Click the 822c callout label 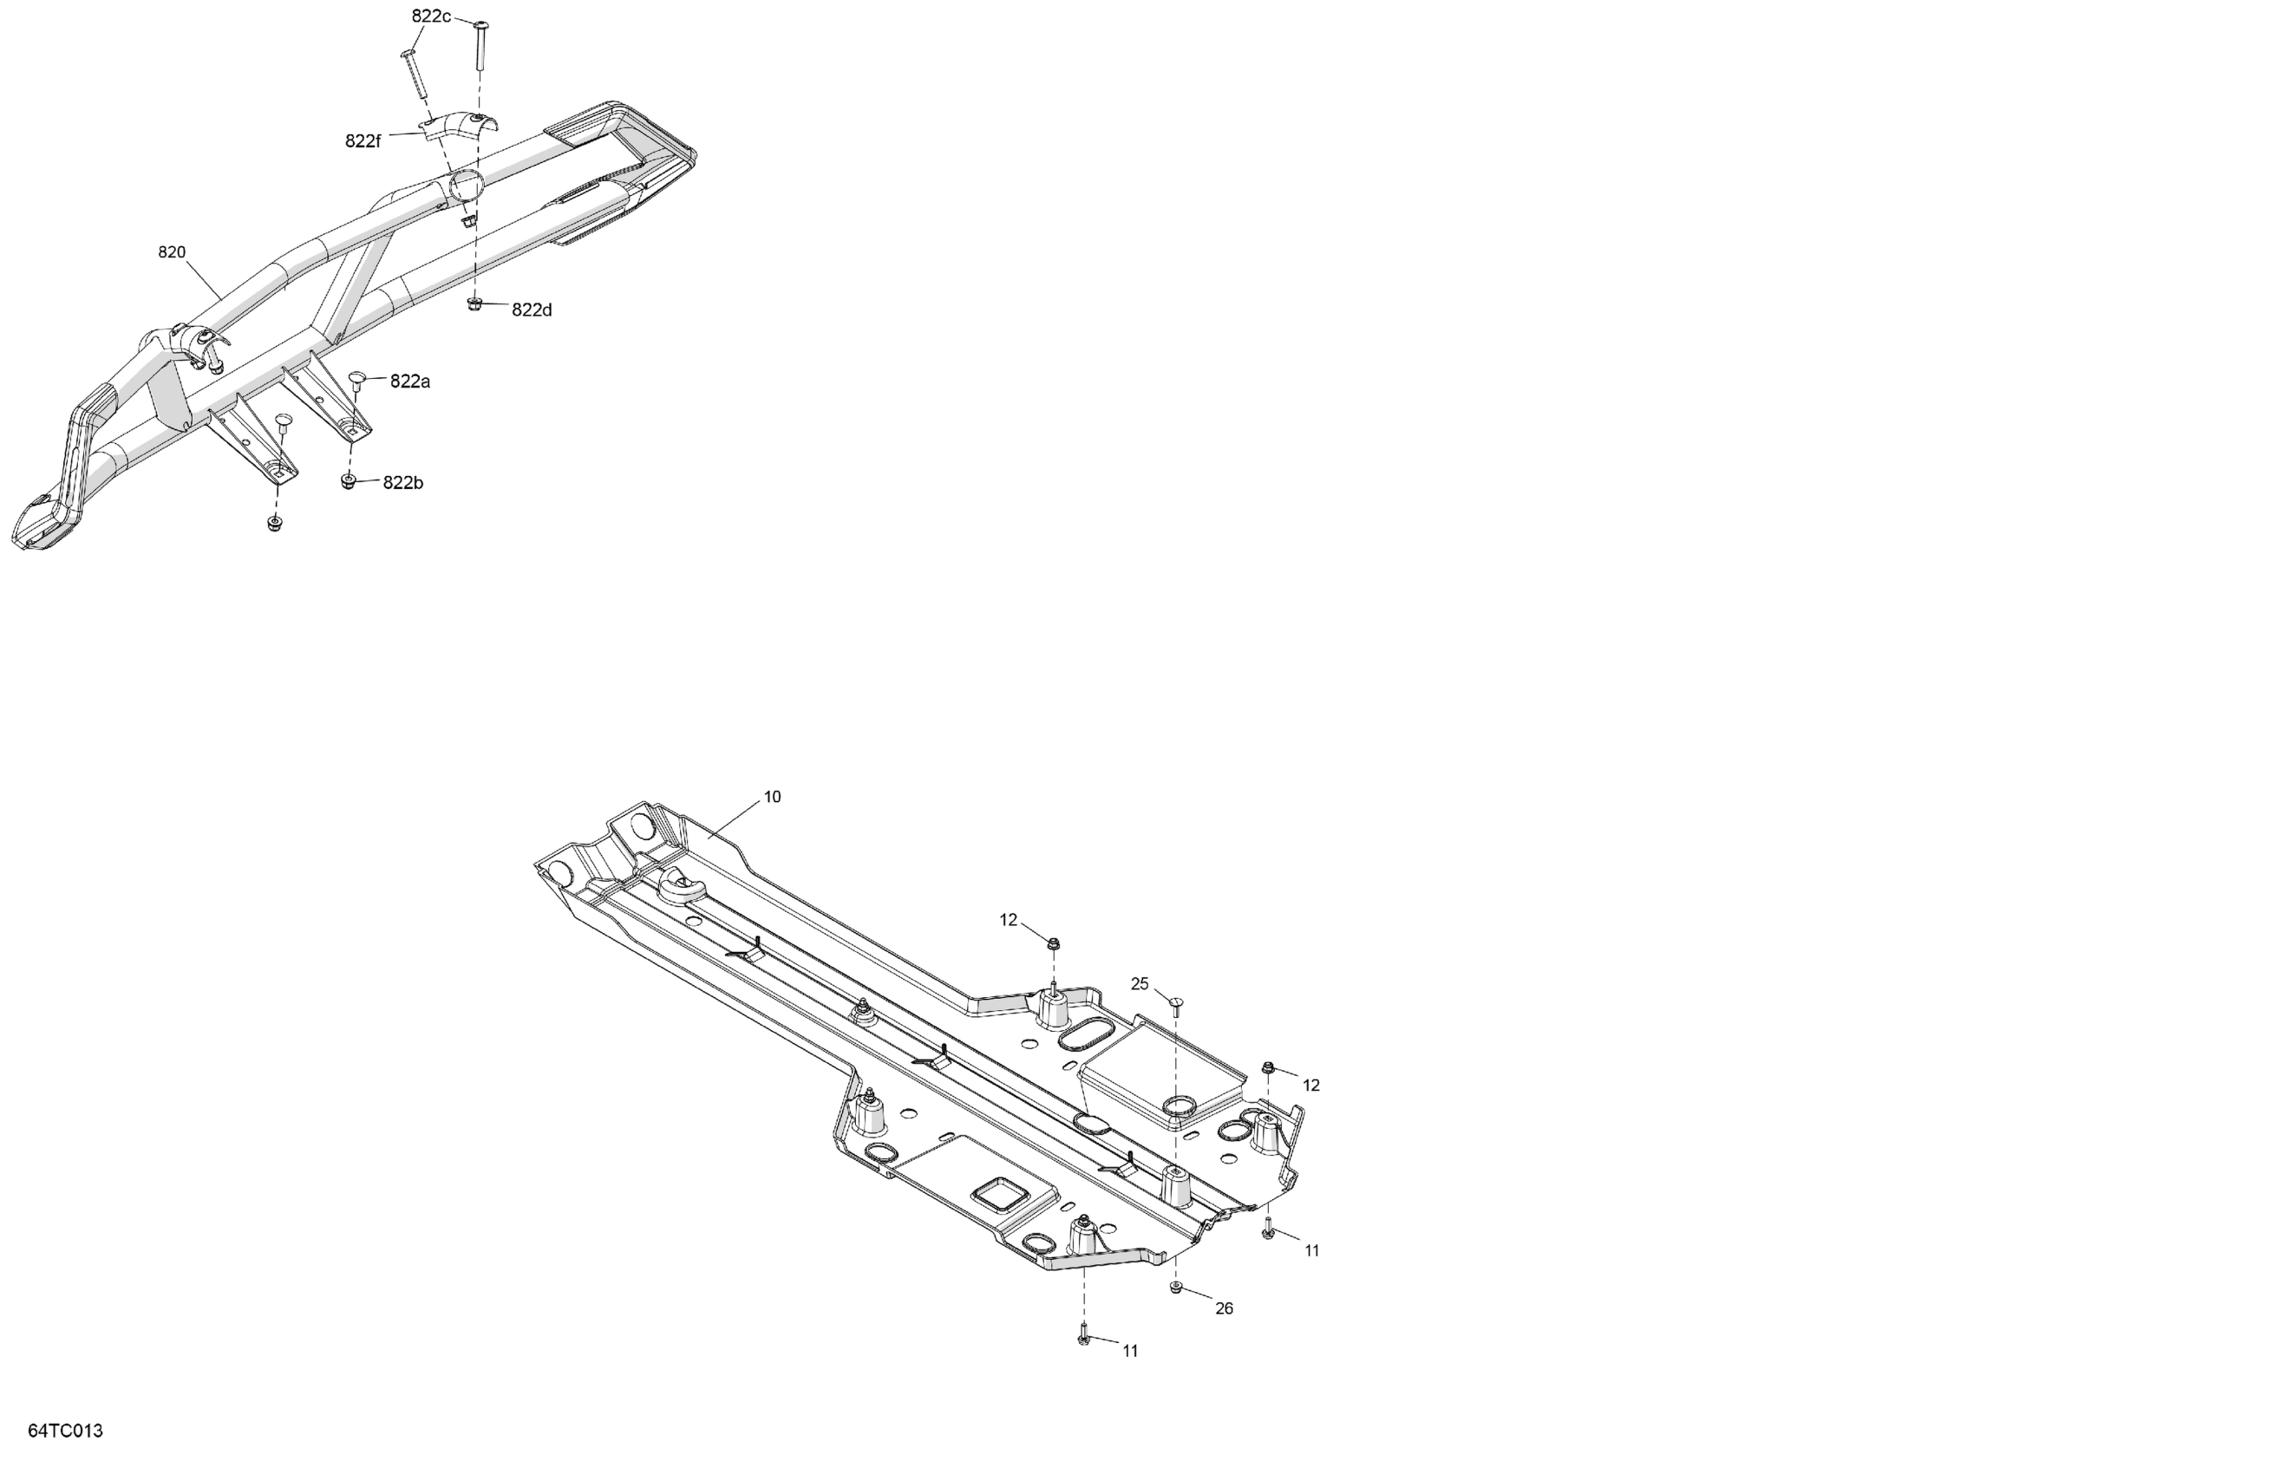[x=431, y=16]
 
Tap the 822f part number [x=363, y=141]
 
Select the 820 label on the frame [x=171, y=252]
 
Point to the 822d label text [x=532, y=310]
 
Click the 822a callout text [x=410, y=382]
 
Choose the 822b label [x=402, y=482]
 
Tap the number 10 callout [x=772, y=797]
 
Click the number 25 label [x=1139, y=984]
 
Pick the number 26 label [x=1224, y=1308]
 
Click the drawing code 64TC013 [x=65, y=1431]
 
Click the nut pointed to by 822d [x=474, y=304]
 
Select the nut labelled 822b [x=348, y=481]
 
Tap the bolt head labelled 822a [x=358, y=378]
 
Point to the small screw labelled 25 [x=1176, y=1003]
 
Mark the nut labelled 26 [x=1176, y=1288]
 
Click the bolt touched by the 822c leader [x=480, y=43]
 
